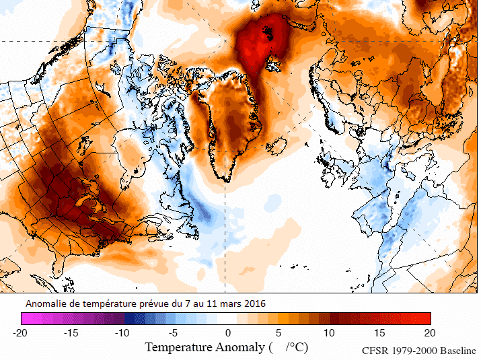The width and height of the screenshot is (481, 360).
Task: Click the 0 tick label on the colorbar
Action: click(228, 332)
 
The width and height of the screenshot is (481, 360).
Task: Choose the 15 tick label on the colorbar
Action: click(379, 332)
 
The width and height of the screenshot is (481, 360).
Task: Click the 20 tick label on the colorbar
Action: click(430, 332)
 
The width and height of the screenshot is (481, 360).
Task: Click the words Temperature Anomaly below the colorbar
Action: click(205, 347)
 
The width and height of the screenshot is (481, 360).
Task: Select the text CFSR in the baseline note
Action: click(375, 351)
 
